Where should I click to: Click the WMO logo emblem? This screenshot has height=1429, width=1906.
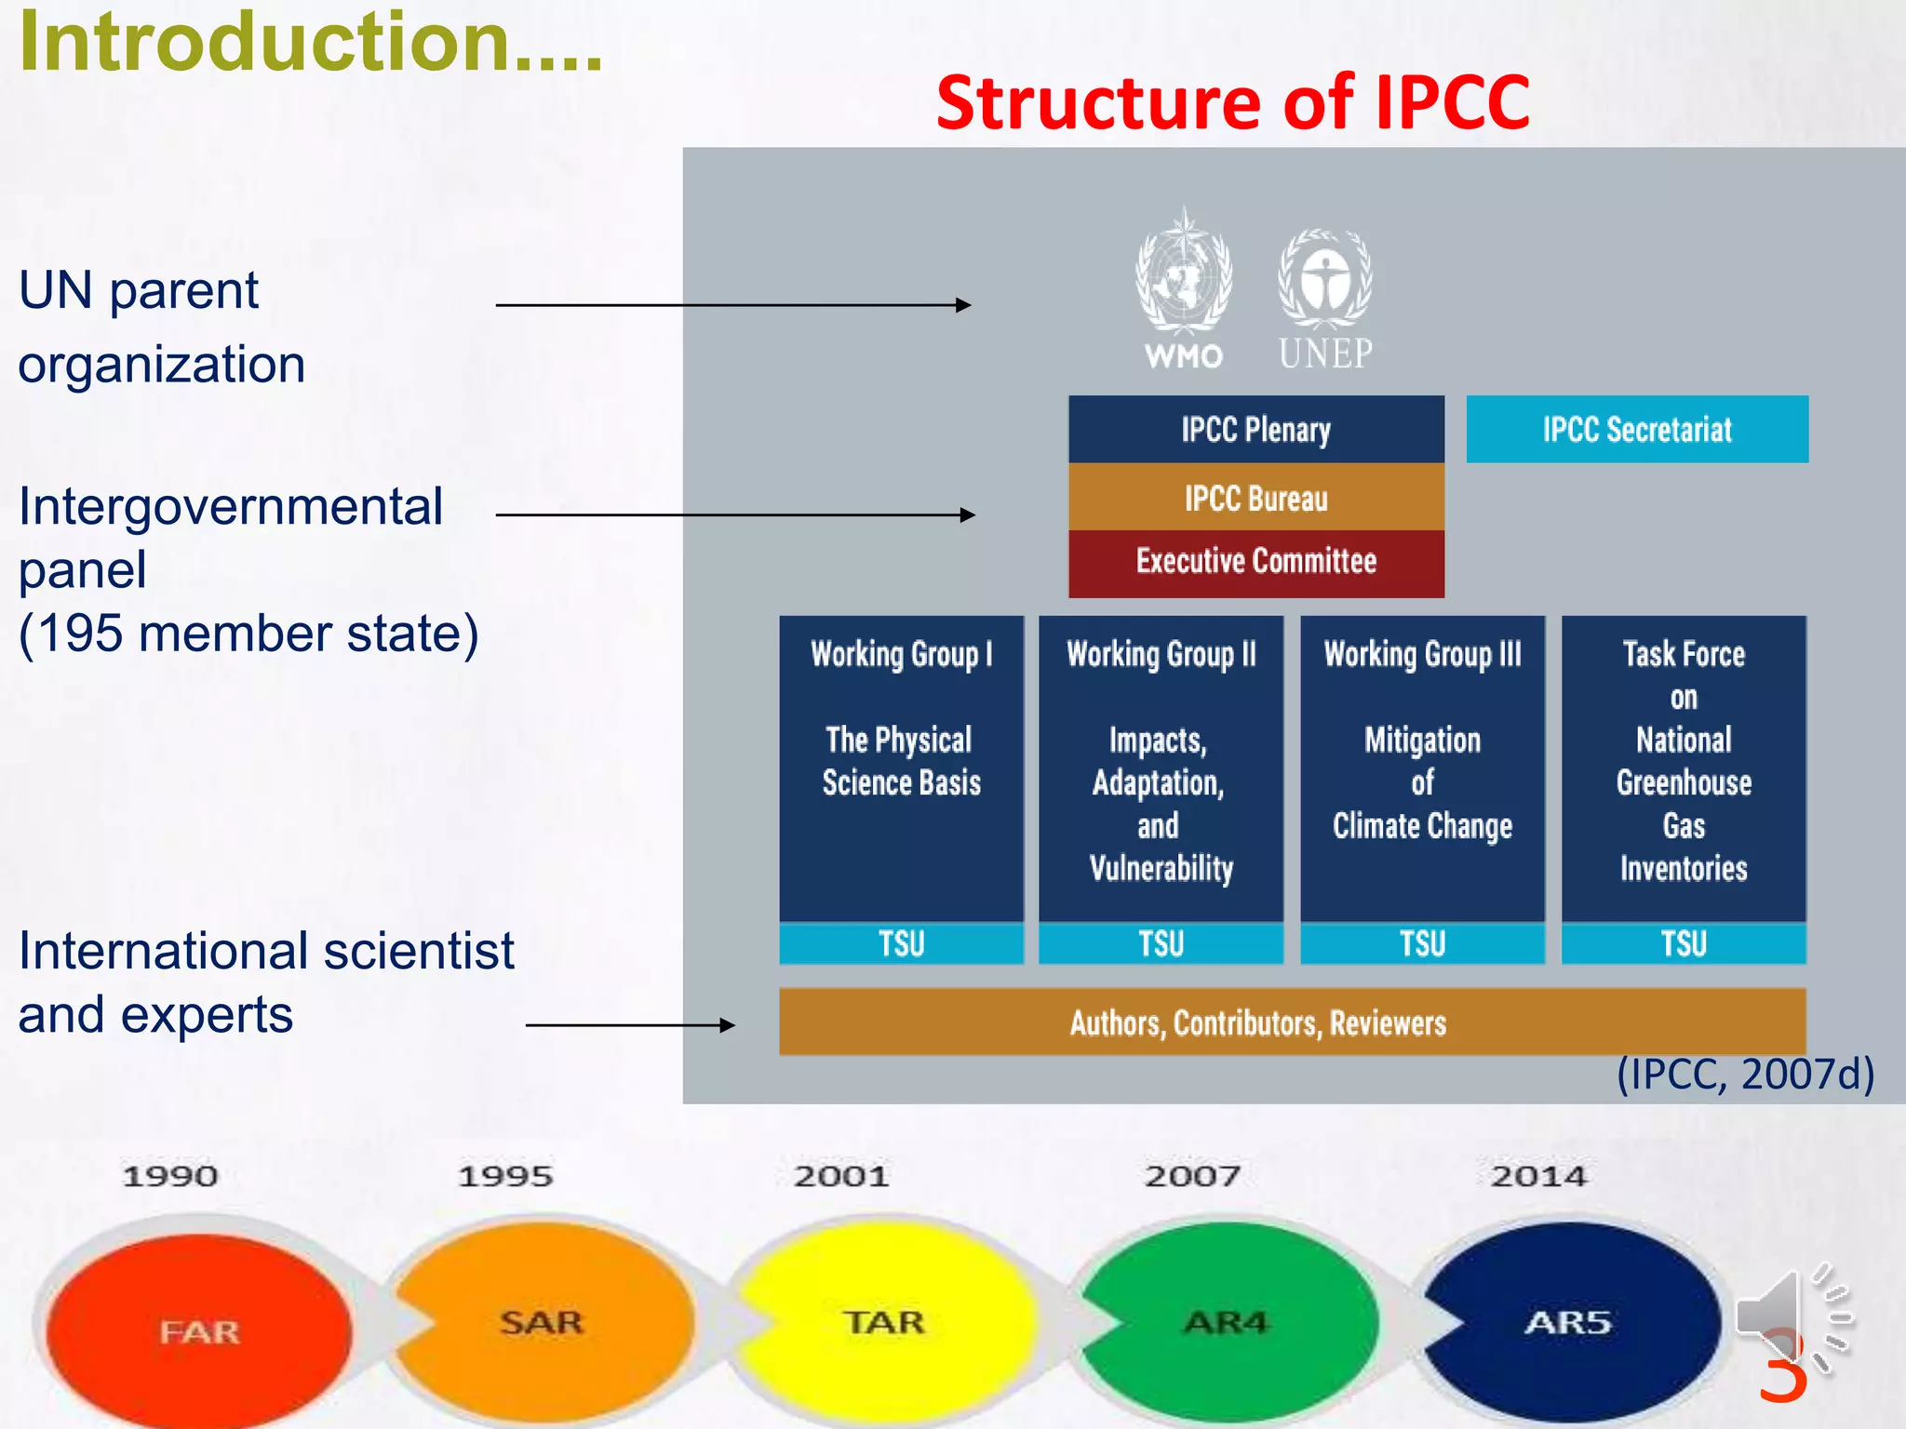pyautogui.click(x=1183, y=274)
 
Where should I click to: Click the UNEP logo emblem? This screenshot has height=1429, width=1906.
pyautogui.click(x=1324, y=279)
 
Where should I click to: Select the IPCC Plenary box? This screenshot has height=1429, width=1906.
pyautogui.click(x=1255, y=429)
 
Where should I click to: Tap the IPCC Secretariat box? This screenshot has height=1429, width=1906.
pyautogui.click(x=1636, y=429)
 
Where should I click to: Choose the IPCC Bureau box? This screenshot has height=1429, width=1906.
pyautogui.click(x=1255, y=498)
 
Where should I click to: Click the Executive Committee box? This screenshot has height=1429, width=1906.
pyautogui.click(x=1255, y=562)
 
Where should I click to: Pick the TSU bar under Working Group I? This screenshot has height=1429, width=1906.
pyautogui.click(x=901, y=943)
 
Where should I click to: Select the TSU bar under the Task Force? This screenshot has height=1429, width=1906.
pyautogui.click(x=1683, y=943)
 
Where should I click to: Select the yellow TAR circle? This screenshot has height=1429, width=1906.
pyautogui.click(x=884, y=1321)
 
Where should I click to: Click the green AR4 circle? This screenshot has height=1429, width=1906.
pyautogui.click(x=1227, y=1321)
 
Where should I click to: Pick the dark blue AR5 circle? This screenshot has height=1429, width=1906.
pyautogui.click(x=1569, y=1321)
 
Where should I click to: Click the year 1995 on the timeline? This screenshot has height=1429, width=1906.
pyautogui.click(x=505, y=1176)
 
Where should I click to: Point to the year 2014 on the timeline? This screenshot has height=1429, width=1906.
pyautogui.click(x=1538, y=1176)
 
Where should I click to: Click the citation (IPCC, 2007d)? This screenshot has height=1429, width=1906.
pyautogui.click(x=1745, y=1074)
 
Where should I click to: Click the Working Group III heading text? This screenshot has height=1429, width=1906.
pyautogui.click(x=1422, y=654)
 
